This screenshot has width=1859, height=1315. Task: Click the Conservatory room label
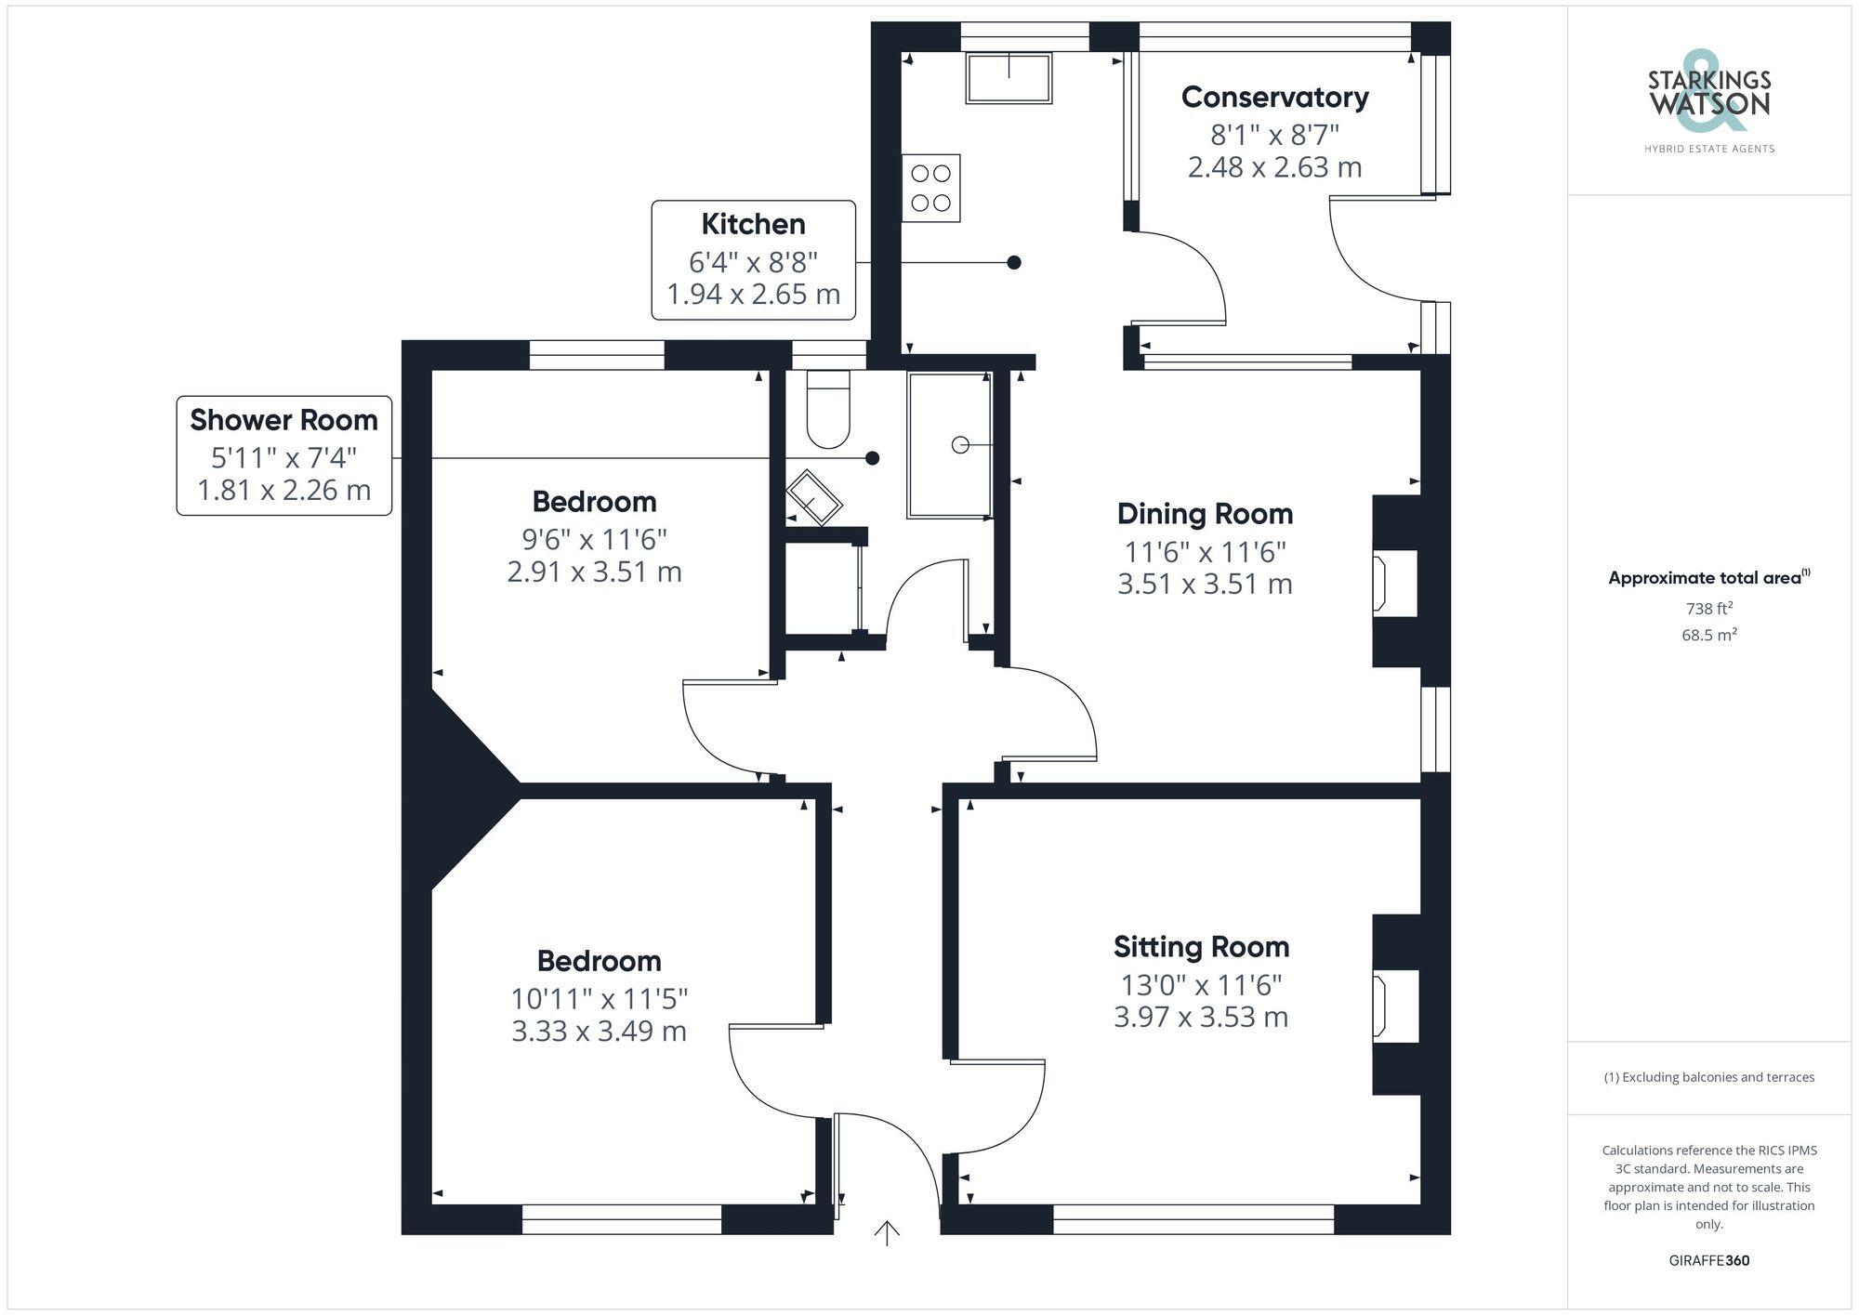pyautogui.click(x=1274, y=98)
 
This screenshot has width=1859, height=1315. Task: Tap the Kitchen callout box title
pyautogui.click(x=753, y=224)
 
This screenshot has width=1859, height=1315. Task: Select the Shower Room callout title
pyautogui.click(x=283, y=420)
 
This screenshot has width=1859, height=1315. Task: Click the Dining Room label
pyautogui.click(x=1205, y=514)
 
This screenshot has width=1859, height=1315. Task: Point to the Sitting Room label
pyautogui.click(x=1201, y=947)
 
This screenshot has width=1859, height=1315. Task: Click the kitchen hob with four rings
pyautogui.click(x=930, y=188)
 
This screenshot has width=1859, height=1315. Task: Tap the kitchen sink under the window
pyautogui.click(x=1009, y=77)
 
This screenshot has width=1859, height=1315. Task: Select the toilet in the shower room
pyautogui.click(x=827, y=410)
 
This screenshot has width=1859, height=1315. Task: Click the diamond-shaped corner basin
pyautogui.click(x=814, y=498)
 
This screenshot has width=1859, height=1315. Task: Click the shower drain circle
pyautogui.click(x=960, y=445)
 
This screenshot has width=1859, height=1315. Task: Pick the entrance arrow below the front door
pyautogui.click(x=887, y=1233)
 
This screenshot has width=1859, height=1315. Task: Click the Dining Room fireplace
pyautogui.click(x=1394, y=583)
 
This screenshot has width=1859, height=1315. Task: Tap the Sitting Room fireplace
pyautogui.click(x=1394, y=1004)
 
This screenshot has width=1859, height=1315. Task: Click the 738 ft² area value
pyautogui.click(x=1708, y=609)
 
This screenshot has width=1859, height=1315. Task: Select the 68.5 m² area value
pyautogui.click(x=1708, y=636)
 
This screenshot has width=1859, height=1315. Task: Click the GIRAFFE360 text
pyautogui.click(x=1708, y=1261)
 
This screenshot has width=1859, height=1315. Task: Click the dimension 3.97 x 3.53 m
pyautogui.click(x=1201, y=1017)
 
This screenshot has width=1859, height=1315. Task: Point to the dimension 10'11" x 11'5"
pyautogui.click(x=599, y=999)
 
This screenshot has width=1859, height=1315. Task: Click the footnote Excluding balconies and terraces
pyautogui.click(x=1708, y=1077)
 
